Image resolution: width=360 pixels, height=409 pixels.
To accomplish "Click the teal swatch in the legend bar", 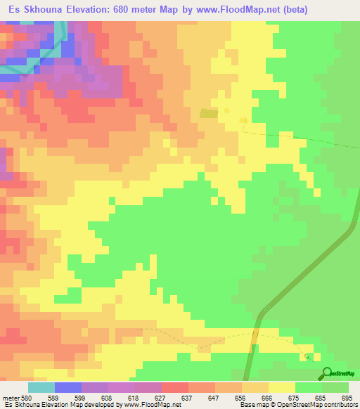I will pos(41,387).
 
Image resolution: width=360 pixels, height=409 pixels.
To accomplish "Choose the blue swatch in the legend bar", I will pos(68,387).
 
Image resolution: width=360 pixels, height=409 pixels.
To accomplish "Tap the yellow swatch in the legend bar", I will pos(281,387).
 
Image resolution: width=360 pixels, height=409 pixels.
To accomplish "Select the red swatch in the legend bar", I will pos(175,387).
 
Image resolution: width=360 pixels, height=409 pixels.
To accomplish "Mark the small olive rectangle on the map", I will pos(209,113).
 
